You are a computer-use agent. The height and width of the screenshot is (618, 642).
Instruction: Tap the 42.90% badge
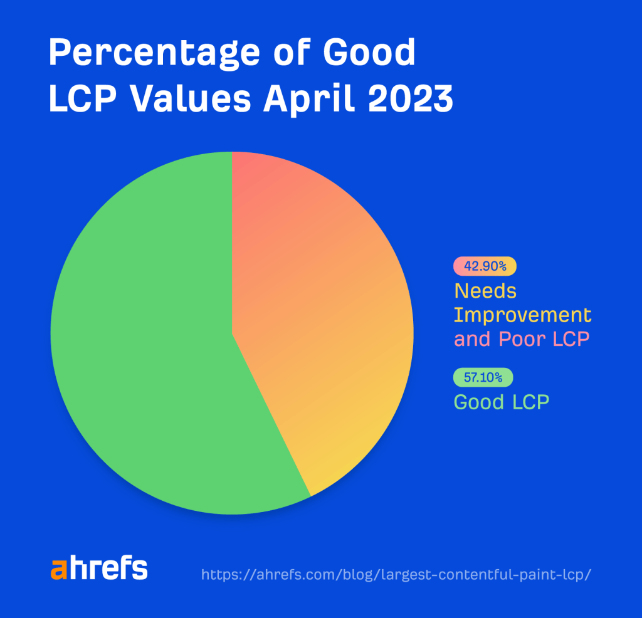(485, 266)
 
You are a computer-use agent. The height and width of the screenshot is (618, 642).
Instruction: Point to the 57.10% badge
(483, 378)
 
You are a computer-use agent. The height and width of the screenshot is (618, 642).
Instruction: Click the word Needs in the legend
(485, 291)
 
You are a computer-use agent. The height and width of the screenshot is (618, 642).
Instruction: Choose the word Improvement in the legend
(522, 315)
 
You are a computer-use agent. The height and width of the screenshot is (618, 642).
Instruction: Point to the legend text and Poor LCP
(522, 339)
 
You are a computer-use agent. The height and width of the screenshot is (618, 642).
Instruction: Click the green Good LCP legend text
(501, 402)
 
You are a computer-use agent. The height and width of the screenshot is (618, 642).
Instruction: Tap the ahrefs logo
(99, 568)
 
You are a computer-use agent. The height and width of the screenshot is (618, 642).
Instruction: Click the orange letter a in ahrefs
(58, 570)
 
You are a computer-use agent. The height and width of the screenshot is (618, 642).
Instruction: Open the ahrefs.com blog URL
(396, 575)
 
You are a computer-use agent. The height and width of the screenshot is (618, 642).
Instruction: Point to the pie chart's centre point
(232, 333)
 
